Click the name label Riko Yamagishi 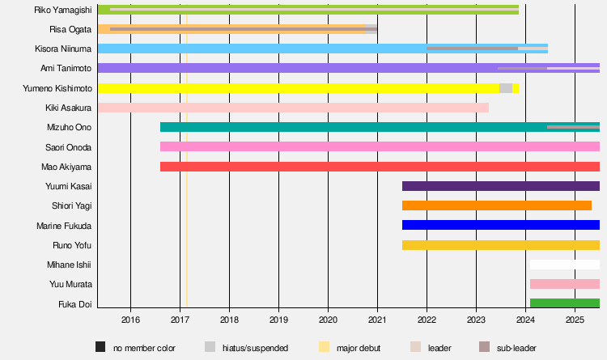coord(62,10)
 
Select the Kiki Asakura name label coord(69,108)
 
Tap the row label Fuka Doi coord(74,304)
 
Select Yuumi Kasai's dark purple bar coord(500,186)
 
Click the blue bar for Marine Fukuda coord(500,225)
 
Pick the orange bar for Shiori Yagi coord(496,205)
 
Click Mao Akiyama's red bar coord(380,167)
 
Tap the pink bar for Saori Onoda coord(380,147)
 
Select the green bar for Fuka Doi coord(564,303)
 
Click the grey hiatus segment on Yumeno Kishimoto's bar coord(506,88)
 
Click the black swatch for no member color coord(100,347)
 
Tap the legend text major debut coord(360,348)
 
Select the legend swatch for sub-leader coord(485,347)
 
